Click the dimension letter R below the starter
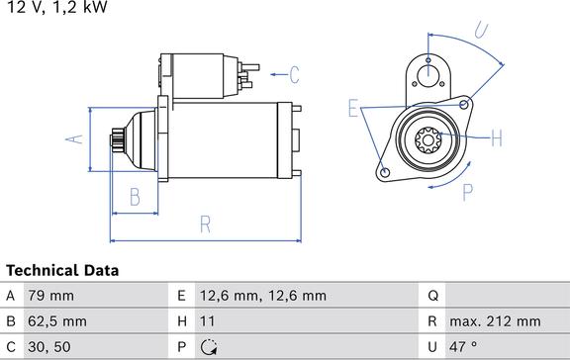[205, 224]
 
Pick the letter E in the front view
[352, 109]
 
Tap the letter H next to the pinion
[496, 137]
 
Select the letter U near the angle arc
[482, 32]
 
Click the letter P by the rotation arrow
[468, 191]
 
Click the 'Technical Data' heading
[62, 270]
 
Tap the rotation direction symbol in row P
[209, 347]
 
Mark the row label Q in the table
[432, 295]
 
